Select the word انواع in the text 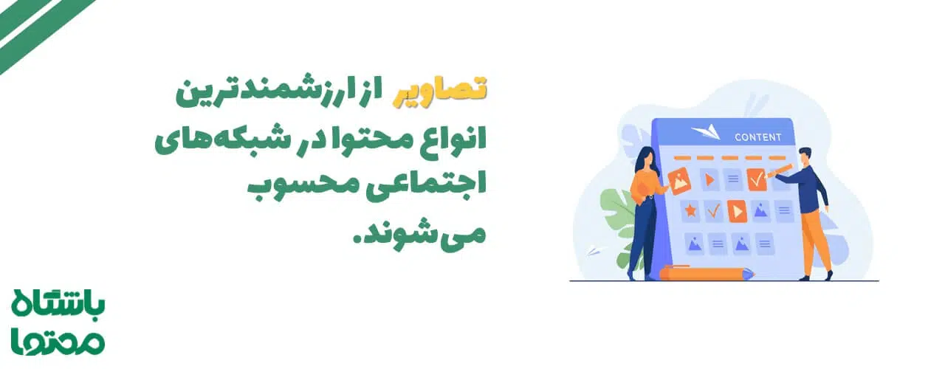click(452, 137)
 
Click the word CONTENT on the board click(758, 137)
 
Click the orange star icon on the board click(690, 211)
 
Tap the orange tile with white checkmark click(757, 179)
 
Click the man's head click(804, 156)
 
